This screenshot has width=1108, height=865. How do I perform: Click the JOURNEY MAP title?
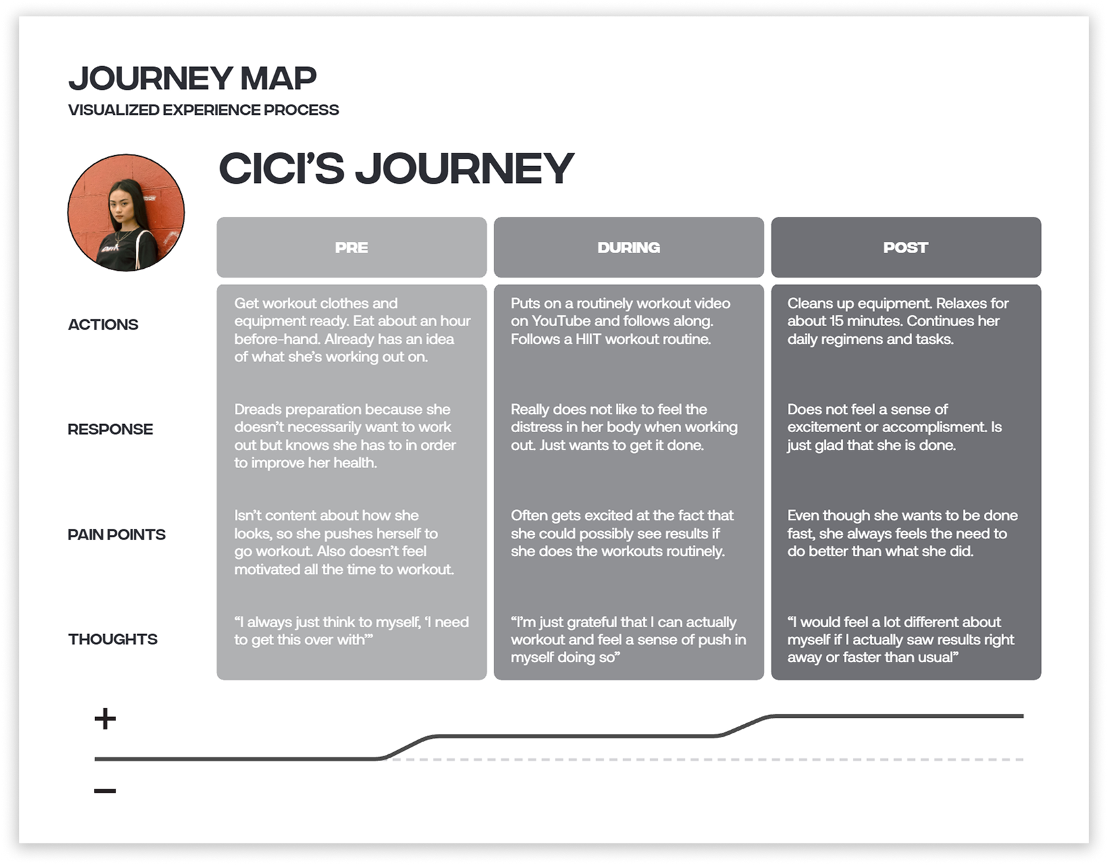pyautogui.click(x=192, y=78)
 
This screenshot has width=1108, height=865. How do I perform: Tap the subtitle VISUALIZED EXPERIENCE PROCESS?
pyautogui.click(x=203, y=110)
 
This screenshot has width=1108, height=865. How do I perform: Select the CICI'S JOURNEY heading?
pyautogui.click(x=396, y=168)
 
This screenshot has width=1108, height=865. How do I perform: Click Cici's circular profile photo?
pyautogui.click(x=126, y=213)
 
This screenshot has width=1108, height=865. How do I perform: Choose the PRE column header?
pyautogui.click(x=351, y=248)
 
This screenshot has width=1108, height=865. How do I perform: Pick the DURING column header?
pyautogui.click(x=629, y=248)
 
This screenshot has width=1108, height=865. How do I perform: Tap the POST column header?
pyautogui.click(x=905, y=248)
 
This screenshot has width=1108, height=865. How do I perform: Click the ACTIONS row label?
pyautogui.click(x=103, y=325)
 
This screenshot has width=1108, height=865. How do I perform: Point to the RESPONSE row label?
pyautogui.click(x=110, y=429)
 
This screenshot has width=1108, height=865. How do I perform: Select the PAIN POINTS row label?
pyautogui.click(x=117, y=535)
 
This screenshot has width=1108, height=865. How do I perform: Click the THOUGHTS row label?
pyautogui.click(x=113, y=639)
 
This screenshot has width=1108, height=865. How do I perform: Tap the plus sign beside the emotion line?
pyautogui.click(x=105, y=718)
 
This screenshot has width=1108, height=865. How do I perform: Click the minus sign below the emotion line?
pyautogui.click(x=105, y=791)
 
